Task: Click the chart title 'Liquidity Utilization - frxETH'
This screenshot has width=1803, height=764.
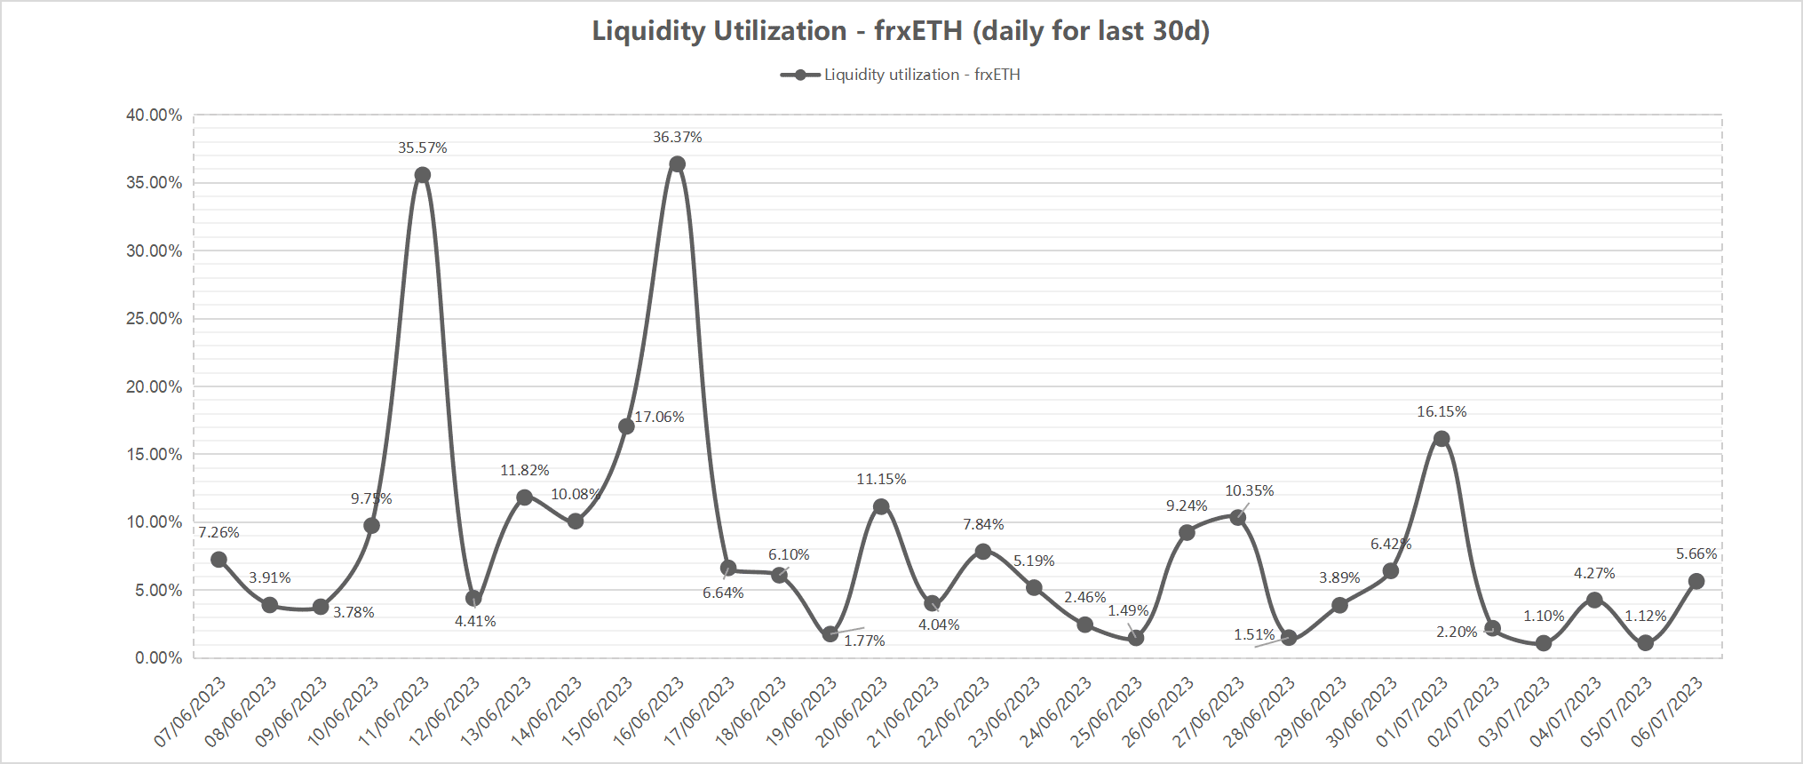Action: point(901,31)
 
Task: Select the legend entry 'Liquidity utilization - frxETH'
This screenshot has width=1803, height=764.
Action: point(901,75)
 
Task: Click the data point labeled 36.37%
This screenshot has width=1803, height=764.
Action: point(677,164)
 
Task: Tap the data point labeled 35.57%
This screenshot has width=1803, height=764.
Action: point(423,175)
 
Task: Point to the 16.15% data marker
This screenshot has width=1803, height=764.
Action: point(1442,439)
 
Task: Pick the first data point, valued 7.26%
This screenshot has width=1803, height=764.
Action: point(219,560)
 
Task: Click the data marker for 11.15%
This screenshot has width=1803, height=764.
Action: point(881,507)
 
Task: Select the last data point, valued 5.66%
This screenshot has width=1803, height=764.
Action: point(1696,582)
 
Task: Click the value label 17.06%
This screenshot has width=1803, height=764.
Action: point(659,417)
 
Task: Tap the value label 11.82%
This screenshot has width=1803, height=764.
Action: point(524,470)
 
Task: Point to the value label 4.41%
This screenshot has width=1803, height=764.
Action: point(475,621)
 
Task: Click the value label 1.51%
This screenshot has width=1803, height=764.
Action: point(1254,634)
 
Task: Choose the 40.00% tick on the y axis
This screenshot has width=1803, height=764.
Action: point(155,115)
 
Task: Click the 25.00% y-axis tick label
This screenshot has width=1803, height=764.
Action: point(155,319)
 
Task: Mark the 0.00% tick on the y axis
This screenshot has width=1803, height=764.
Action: point(158,658)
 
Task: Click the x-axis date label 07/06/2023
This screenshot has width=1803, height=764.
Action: point(191,711)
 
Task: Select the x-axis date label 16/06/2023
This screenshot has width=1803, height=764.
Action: point(649,711)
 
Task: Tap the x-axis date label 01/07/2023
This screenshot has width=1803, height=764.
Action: point(1413,711)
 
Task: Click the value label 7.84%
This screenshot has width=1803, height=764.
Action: point(983,524)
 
